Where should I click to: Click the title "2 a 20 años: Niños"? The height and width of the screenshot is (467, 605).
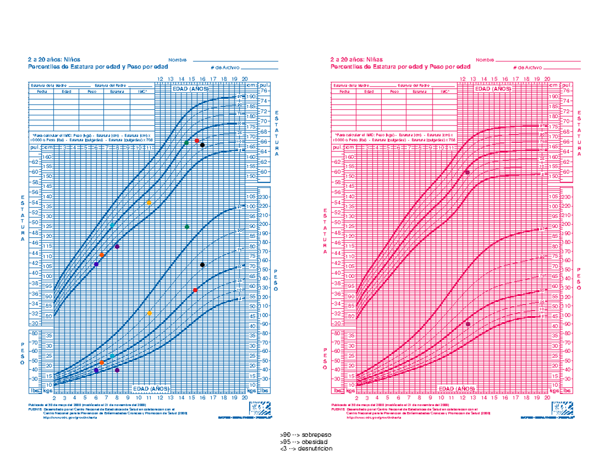point(54,59)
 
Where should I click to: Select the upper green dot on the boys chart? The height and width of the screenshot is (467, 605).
point(187,143)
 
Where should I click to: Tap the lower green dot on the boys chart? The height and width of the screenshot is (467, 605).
point(187,227)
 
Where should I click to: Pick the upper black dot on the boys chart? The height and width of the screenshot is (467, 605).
point(202,145)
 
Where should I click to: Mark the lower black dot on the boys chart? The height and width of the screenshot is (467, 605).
point(202,264)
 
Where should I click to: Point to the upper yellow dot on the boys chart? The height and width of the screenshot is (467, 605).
point(149,203)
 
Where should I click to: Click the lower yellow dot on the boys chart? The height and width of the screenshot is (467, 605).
point(149,313)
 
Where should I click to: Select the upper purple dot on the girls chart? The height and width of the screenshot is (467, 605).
point(467,172)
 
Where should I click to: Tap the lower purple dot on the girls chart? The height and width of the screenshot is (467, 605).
point(468,324)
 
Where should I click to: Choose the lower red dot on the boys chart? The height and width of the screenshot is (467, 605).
point(195,290)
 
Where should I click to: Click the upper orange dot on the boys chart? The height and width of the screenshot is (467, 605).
point(102,255)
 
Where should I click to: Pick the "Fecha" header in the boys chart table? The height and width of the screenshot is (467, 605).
point(41,92)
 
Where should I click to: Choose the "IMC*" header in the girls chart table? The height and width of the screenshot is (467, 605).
point(444,92)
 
